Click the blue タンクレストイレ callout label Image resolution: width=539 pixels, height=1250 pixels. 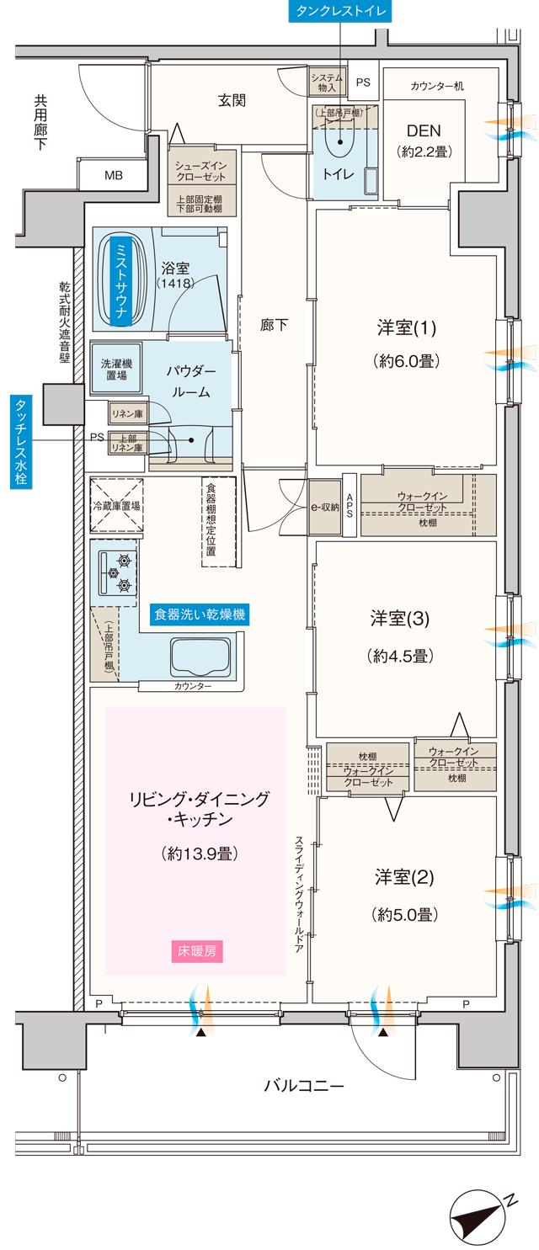[339, 12]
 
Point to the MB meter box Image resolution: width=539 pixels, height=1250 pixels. [112, 175]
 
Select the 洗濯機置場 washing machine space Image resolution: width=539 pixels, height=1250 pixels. [116, 369]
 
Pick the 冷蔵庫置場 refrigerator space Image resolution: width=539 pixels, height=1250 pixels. [116, 506]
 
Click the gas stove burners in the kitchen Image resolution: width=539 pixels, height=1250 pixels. [115, 573]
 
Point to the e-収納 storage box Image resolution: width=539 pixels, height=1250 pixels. [323, 507]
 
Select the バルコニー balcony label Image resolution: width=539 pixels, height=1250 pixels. [303, 1085]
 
